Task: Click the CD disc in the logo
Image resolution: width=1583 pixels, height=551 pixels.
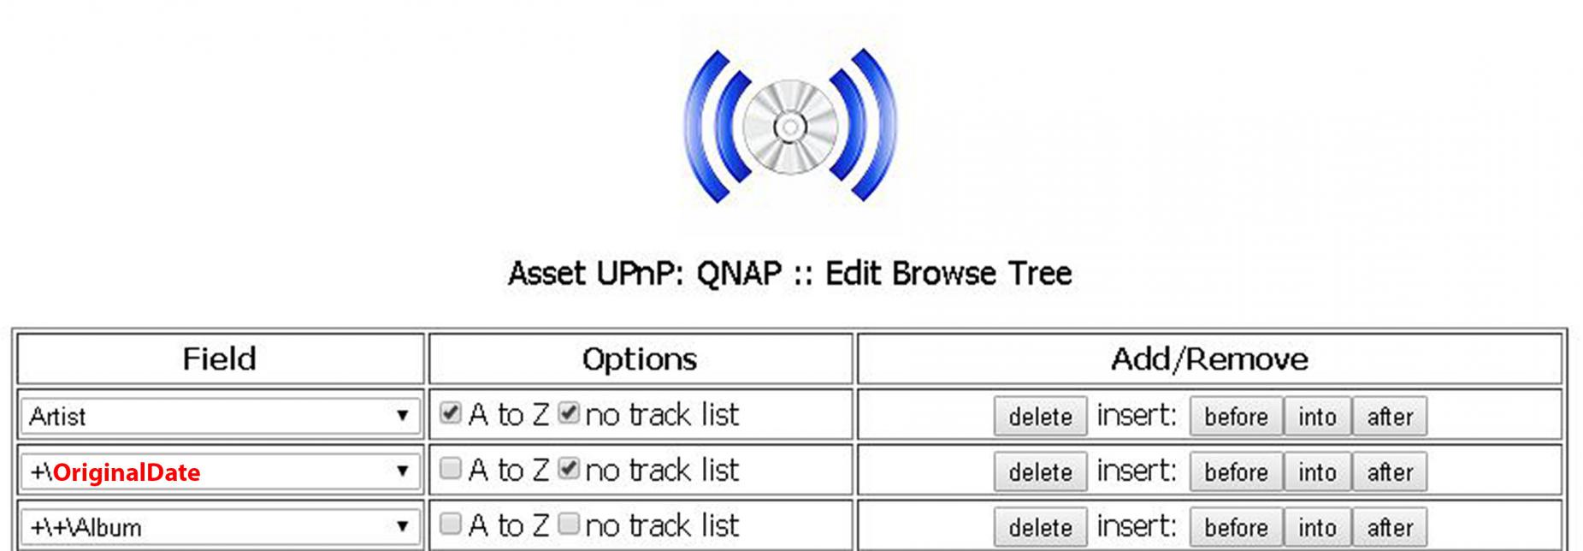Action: point(789,127)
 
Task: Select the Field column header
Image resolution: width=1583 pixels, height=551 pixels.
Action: point(220,358)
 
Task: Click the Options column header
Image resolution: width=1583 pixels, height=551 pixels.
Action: point(640,358)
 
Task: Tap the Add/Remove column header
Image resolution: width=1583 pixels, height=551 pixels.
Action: point(1209,358)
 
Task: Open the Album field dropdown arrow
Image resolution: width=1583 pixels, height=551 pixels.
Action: point(402,526)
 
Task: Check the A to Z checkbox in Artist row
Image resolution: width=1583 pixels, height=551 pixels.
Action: point(450,413)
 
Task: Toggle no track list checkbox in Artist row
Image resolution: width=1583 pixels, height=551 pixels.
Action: point(568,413)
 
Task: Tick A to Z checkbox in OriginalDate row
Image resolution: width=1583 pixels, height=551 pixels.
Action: point(450,468)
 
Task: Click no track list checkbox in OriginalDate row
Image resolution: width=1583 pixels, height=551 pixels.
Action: point(568,468)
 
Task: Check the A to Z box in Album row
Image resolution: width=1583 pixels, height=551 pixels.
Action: point(450,524)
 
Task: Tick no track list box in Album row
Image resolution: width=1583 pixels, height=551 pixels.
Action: point(568,524)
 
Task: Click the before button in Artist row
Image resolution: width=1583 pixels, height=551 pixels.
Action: point(1236,417)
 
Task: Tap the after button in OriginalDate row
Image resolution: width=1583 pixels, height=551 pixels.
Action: point(1390,472)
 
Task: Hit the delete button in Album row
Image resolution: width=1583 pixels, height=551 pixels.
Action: point(1040,528)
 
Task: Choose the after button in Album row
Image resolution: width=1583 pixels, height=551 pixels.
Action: point(1390,528)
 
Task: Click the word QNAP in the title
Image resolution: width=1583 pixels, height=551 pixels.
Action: point(739,274)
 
